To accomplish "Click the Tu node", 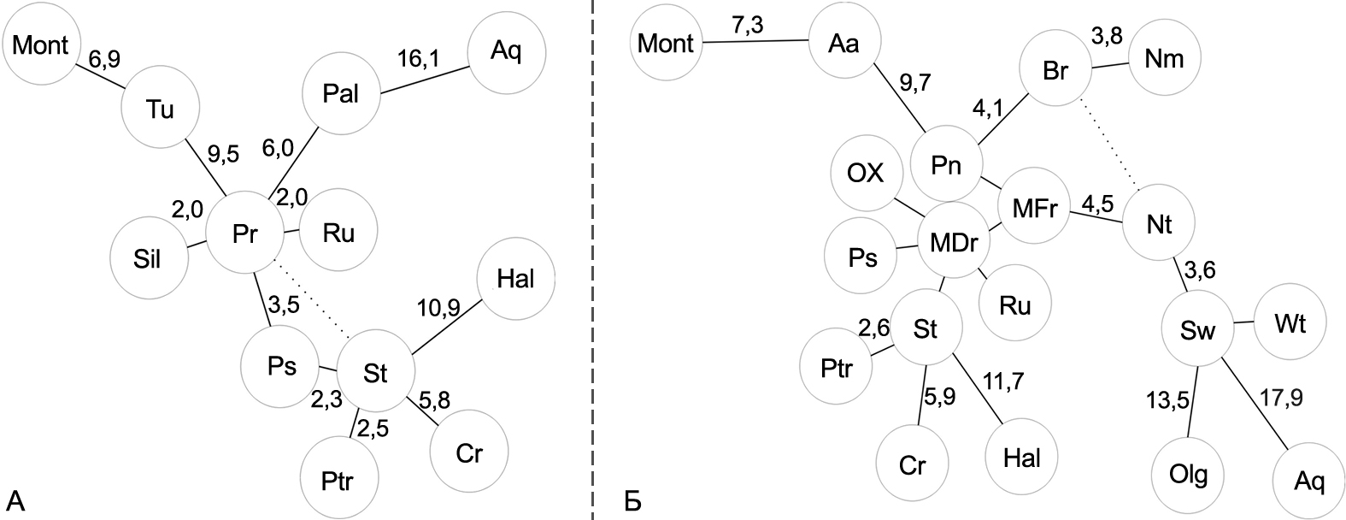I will [161, 109].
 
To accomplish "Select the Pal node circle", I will [341, 93].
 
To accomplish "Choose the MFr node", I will [1035, 208].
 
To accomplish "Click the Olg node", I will [1188, 473].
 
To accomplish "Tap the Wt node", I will [1290, 325].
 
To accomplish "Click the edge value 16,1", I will [418, 59].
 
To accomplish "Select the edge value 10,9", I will [438, 306].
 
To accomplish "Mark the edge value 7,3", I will [747, 25].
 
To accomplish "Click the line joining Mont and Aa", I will [755, 41].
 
